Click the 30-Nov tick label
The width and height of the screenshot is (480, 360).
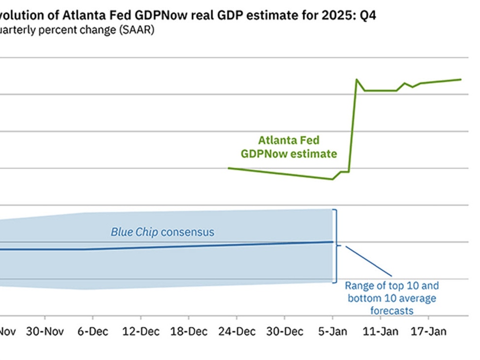tap(45, 331)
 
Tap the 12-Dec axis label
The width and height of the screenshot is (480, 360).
tap(140, 331)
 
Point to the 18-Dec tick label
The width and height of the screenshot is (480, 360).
tap(189, 331)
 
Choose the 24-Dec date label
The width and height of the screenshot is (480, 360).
tap(236, 331)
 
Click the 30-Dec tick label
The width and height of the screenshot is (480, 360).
tap(285, 331)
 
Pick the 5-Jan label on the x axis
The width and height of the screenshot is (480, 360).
tap(332, 331)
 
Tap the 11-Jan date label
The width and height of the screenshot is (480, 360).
tap(380, 331)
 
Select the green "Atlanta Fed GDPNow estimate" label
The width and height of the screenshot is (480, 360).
tap(289, 147)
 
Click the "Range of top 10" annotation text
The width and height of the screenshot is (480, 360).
tap(391, 286)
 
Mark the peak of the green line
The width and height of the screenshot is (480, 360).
tap(356, 79)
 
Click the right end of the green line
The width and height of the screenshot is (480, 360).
tap(461, 79)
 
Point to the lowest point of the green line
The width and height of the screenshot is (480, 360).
tap(332, 179)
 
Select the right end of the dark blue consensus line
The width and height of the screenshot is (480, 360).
tap(332, 242)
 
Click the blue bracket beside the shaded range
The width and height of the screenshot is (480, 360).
tap(336, 246)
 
